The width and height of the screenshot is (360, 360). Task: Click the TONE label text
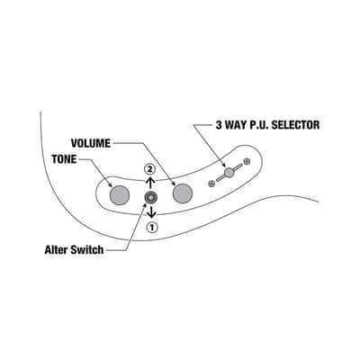pos(64,159)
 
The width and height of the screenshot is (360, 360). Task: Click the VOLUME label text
pos(91,143)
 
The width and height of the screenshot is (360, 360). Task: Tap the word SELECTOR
pos(295,125)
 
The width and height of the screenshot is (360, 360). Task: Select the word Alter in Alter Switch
pos(56,249)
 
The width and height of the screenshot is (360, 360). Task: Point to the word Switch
pos(87,249)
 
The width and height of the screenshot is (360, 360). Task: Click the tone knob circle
pos(120,195)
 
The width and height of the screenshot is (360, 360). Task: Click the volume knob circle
pos(183,193)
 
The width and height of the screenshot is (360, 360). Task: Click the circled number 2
pos(149,169)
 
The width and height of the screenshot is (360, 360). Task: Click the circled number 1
pos(152,228)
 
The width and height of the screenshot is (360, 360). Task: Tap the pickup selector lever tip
pos(229,172)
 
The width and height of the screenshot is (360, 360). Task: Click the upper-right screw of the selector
pos(247,161)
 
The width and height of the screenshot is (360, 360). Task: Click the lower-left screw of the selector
pos(211,184)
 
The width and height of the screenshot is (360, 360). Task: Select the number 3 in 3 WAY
pos(219,125)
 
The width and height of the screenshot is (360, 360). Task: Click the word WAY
pos(236,125)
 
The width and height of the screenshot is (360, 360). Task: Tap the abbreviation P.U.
pos(259,125)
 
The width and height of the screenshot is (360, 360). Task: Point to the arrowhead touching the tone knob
pos(110,184)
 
